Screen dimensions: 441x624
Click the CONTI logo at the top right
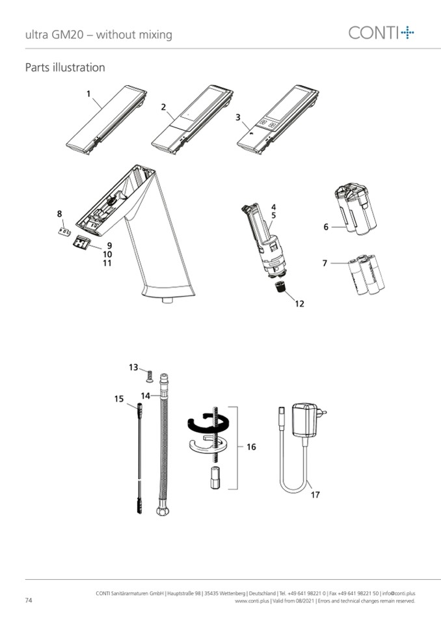coord(381,33)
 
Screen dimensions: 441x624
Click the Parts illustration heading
coord(65,67)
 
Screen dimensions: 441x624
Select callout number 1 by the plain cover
coord(88,94)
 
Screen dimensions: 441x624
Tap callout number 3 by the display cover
coord(238,117)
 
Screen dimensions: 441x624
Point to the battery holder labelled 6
coord(356,209)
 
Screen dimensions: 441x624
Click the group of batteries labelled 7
coord(366,275)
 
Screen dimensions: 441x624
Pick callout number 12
coord(299,304)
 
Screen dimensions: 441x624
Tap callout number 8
coord(59,214)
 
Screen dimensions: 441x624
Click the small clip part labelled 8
coord(64,232)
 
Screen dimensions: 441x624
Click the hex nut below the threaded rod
coord(215,478)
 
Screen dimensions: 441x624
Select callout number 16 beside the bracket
coord(251,447)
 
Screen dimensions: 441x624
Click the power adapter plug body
coord(306,420)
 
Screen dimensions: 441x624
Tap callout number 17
coord(315,495)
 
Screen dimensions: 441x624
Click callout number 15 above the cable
coord(119,399)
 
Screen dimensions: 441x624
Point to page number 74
coord(29,601)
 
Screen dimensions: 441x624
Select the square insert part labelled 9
coord(81,242)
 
